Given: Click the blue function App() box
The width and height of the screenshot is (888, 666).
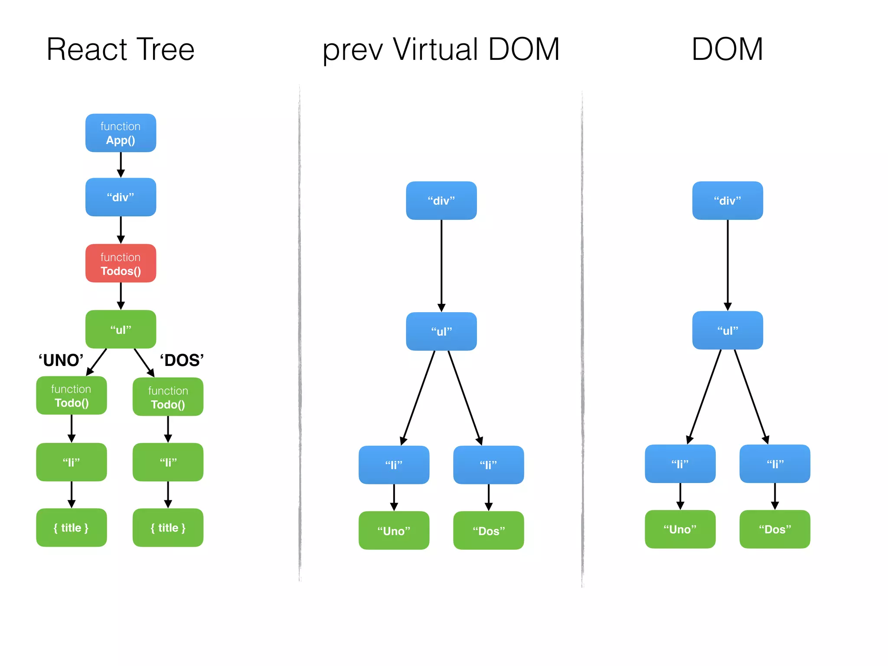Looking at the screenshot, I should point(121,133).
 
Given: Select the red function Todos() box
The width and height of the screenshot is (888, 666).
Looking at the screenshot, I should point(121,264).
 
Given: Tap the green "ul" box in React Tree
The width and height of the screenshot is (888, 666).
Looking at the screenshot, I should point(121,330).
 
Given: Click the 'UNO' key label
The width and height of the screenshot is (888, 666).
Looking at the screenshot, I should point(61,360).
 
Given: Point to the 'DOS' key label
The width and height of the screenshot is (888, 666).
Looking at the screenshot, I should point(182,360).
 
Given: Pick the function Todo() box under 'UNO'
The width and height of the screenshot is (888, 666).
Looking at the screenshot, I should point(72,395).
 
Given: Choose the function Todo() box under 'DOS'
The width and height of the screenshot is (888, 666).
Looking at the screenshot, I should point(168,397).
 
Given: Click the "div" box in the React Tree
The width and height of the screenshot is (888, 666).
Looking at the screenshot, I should point(121,197).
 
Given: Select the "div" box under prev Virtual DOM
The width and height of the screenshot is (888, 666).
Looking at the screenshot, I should point(441,201).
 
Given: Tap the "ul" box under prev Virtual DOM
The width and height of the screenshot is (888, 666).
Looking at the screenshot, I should point(441,332).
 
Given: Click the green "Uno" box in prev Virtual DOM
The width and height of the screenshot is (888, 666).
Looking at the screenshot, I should point(394,531).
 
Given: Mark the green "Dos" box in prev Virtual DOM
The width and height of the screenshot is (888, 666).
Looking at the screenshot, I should point(488,531).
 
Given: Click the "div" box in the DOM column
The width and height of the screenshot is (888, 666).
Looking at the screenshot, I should point(727,201).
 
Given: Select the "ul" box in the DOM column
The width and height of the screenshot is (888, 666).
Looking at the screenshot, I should point(727,330).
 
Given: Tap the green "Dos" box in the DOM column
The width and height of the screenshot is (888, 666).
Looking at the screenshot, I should point(774,529).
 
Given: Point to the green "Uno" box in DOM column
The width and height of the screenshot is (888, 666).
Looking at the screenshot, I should point(680,529).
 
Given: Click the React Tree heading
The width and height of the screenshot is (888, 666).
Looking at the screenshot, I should point(121,49).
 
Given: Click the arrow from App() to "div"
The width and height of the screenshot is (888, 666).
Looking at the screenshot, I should point(121,165).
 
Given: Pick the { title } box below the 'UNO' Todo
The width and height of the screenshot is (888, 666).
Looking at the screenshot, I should point(72,528).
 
